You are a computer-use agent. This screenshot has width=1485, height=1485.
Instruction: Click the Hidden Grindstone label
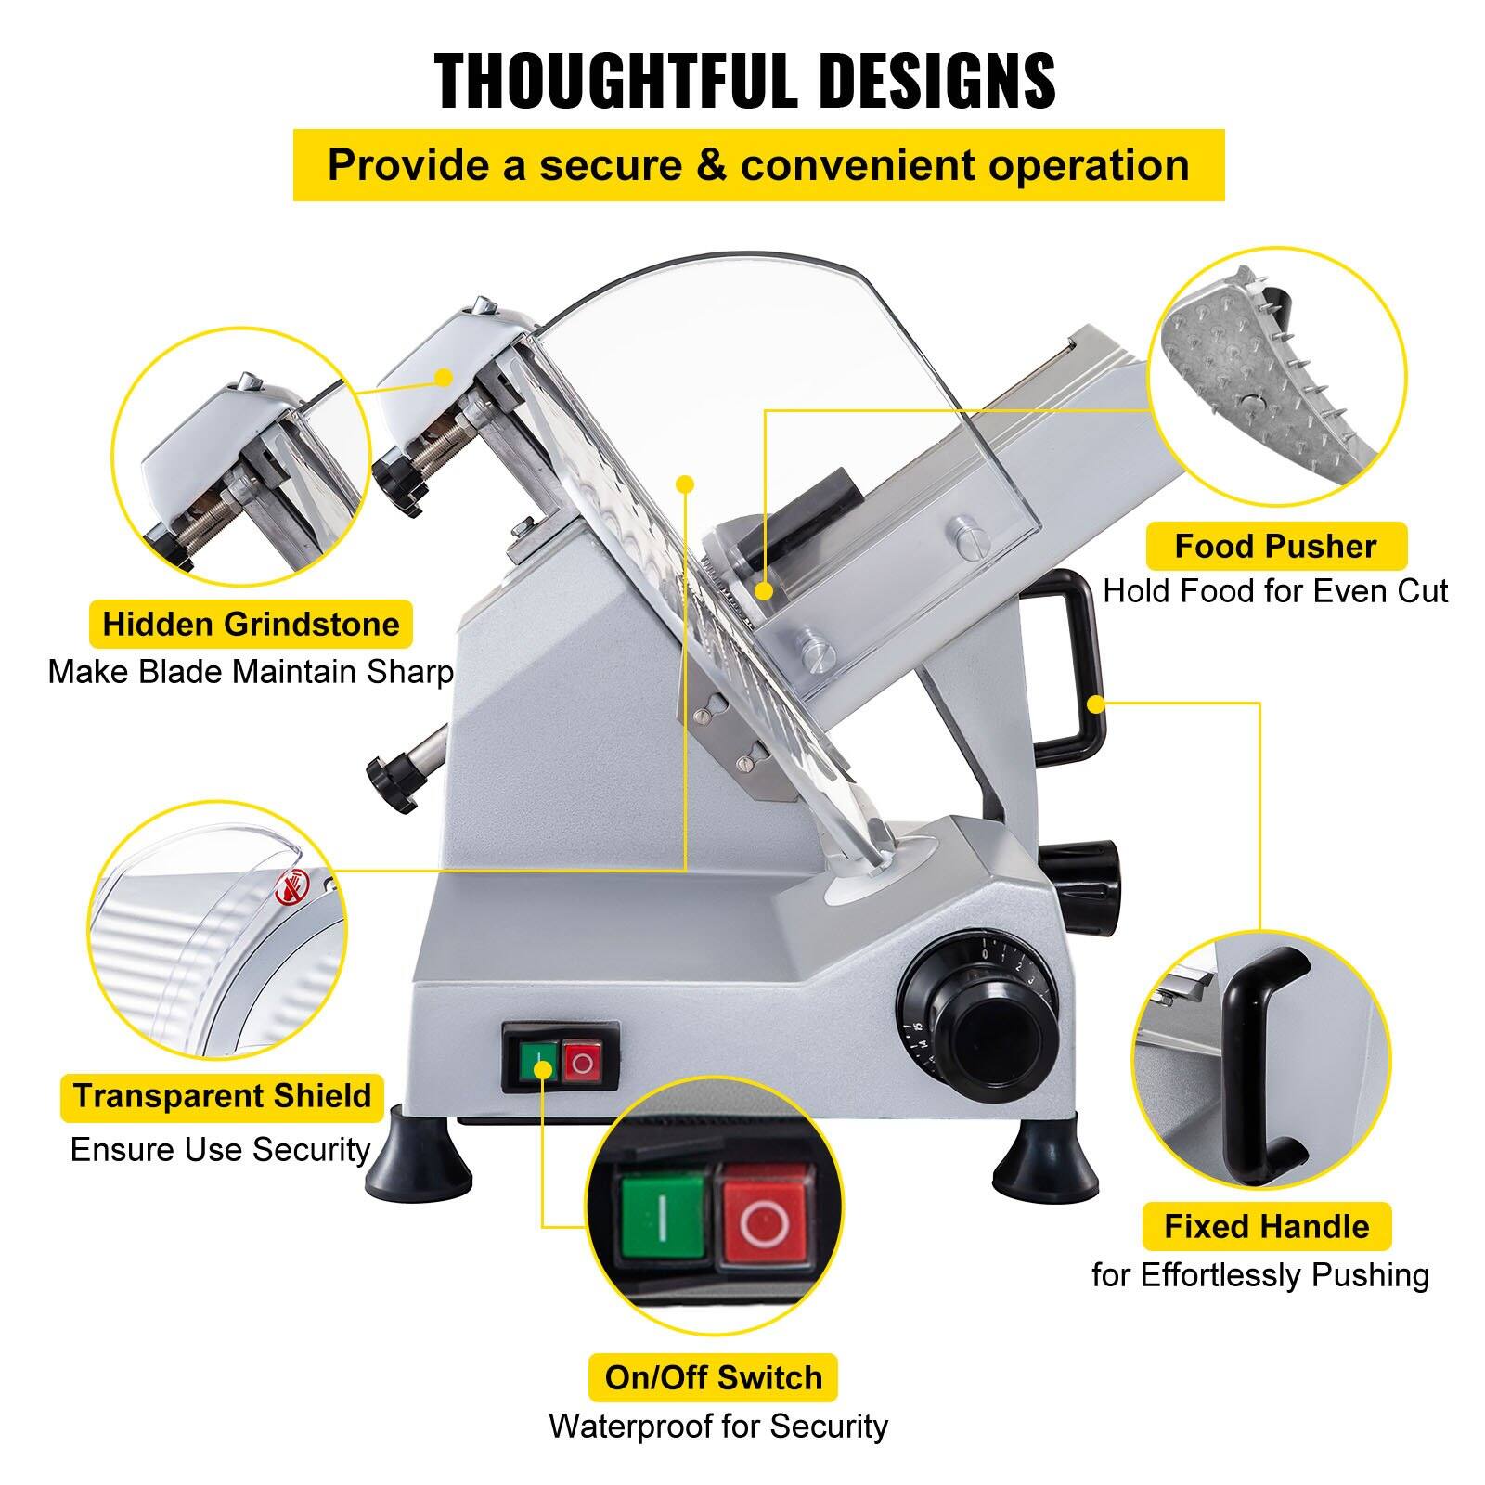pos(251,625)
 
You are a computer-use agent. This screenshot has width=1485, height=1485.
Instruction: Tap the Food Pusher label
pos(1275,547)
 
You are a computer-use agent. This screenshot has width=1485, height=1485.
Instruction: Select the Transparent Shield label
pos(222,1096)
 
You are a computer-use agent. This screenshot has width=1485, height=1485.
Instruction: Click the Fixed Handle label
pos(1267,1227)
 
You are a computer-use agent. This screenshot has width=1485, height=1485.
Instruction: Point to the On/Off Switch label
pos(713,1377)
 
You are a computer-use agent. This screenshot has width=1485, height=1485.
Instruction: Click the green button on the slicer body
pos(537,1061)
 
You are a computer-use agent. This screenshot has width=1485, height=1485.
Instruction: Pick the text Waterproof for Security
pos(717,1426)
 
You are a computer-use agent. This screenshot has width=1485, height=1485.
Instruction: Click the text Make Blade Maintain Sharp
pos(251,671)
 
